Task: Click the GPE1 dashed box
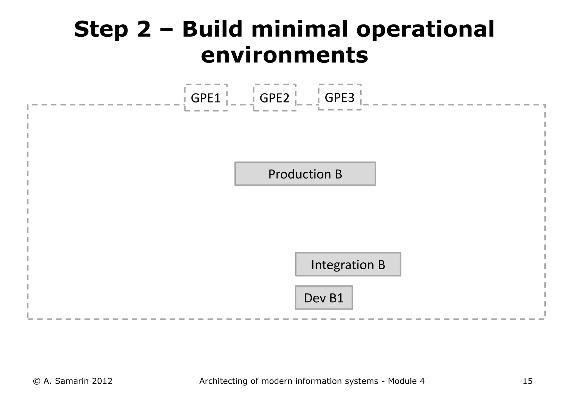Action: click(x=206, y=98)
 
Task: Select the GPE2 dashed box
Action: click(x=274, y=98)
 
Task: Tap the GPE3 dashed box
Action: click(x=340, y=97)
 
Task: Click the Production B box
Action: click(x=305, y=174)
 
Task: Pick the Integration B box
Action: click(x=348, y=264)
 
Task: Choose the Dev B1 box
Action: click(x=324, y=298)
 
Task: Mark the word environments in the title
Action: click(x=284, y=55)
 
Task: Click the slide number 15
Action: click(x=527, y=381)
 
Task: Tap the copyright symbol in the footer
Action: click(x=36, y=381)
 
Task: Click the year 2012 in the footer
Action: click(x=102, y=381)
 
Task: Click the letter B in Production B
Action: click(x=338, y=174)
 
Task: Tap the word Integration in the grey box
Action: click(x=343, y=265)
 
